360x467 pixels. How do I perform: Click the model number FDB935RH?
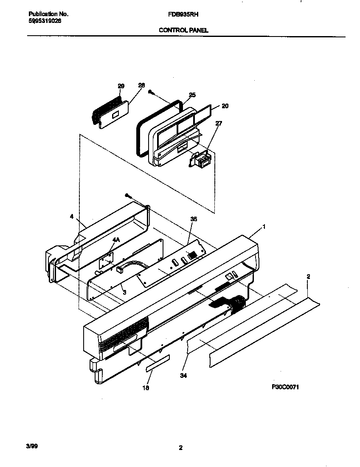pyautogui.click(x=183, y=14)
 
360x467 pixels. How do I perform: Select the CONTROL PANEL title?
pyautogui.click(x=183, y=30)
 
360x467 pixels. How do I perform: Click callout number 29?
pyautogui.click(x=121, y=86)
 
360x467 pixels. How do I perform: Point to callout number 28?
pyautogui.click(x=141, y=85)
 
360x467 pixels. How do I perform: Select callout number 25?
pyautogui.click(x=192, y=95)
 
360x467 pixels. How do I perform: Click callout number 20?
pyautogui.click(x=225, y=106)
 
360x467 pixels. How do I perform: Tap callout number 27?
pyautogui.click(x=218, y=124)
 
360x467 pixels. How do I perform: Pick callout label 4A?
pyautogui.click(x=116, y=240)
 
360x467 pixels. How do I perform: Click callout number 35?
pyautogui.click(x=194, y=219)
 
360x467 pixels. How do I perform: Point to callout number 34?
pyautogui.click(x=184, y=375)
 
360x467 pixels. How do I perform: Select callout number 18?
pyautogui.click(x=146, y=388)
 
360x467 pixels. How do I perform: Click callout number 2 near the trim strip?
pyautogui.click(x=308, y=277)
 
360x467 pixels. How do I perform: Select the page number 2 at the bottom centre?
pyautogui.click(x=180, y=448)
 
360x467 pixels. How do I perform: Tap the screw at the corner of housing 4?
pyautogui.click(x=128, y=195)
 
